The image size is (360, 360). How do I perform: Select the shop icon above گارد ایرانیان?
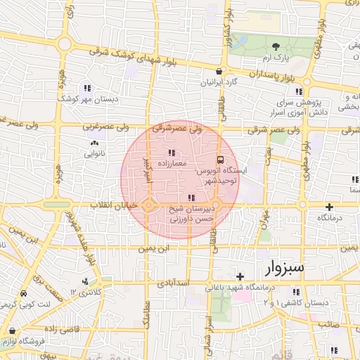(221, 72)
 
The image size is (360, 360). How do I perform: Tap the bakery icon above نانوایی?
(94, 142)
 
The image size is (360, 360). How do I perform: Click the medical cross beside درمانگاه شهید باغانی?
(240, 276)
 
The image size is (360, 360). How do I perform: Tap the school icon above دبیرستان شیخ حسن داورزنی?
(192, 198)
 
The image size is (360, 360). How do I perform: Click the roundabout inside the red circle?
(150, 205)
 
